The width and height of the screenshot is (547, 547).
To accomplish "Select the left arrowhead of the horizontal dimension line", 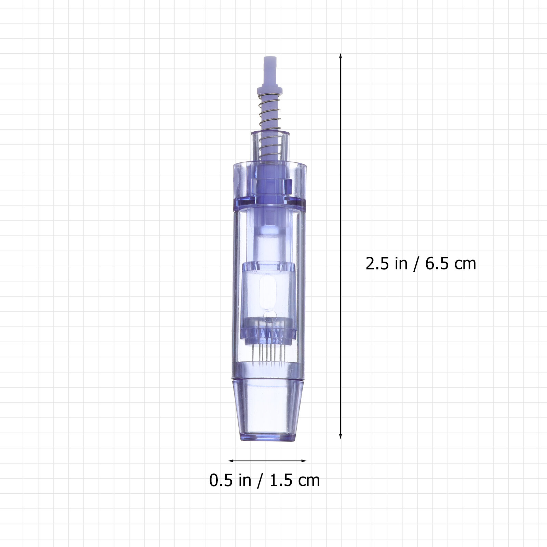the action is tap(231, 461).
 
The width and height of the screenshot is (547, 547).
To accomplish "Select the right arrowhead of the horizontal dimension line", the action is tap(304, 461).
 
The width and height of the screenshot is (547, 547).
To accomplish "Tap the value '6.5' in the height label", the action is tap(436, 264).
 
